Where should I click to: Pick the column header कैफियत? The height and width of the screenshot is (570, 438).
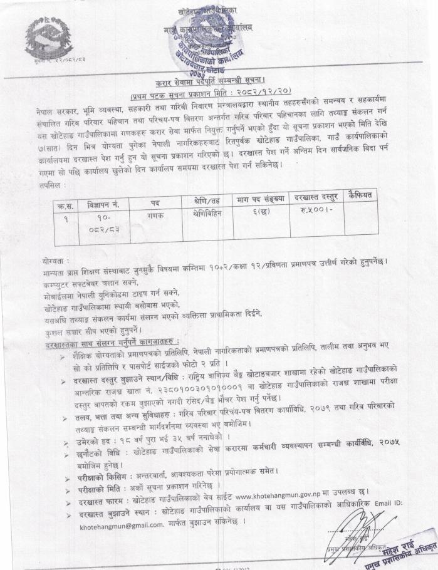pos(366,195)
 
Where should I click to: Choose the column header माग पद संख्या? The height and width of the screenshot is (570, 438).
pos(259,199)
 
